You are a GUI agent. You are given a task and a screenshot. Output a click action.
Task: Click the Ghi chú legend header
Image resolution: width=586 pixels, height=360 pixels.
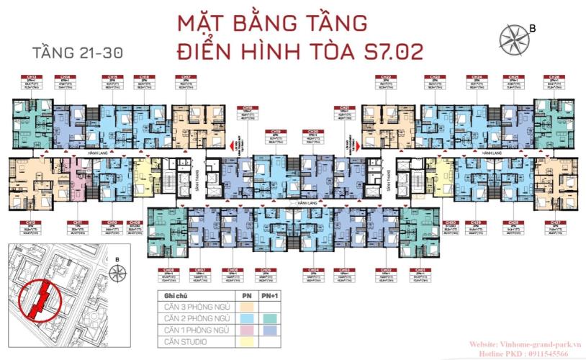(x=177, y=296)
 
